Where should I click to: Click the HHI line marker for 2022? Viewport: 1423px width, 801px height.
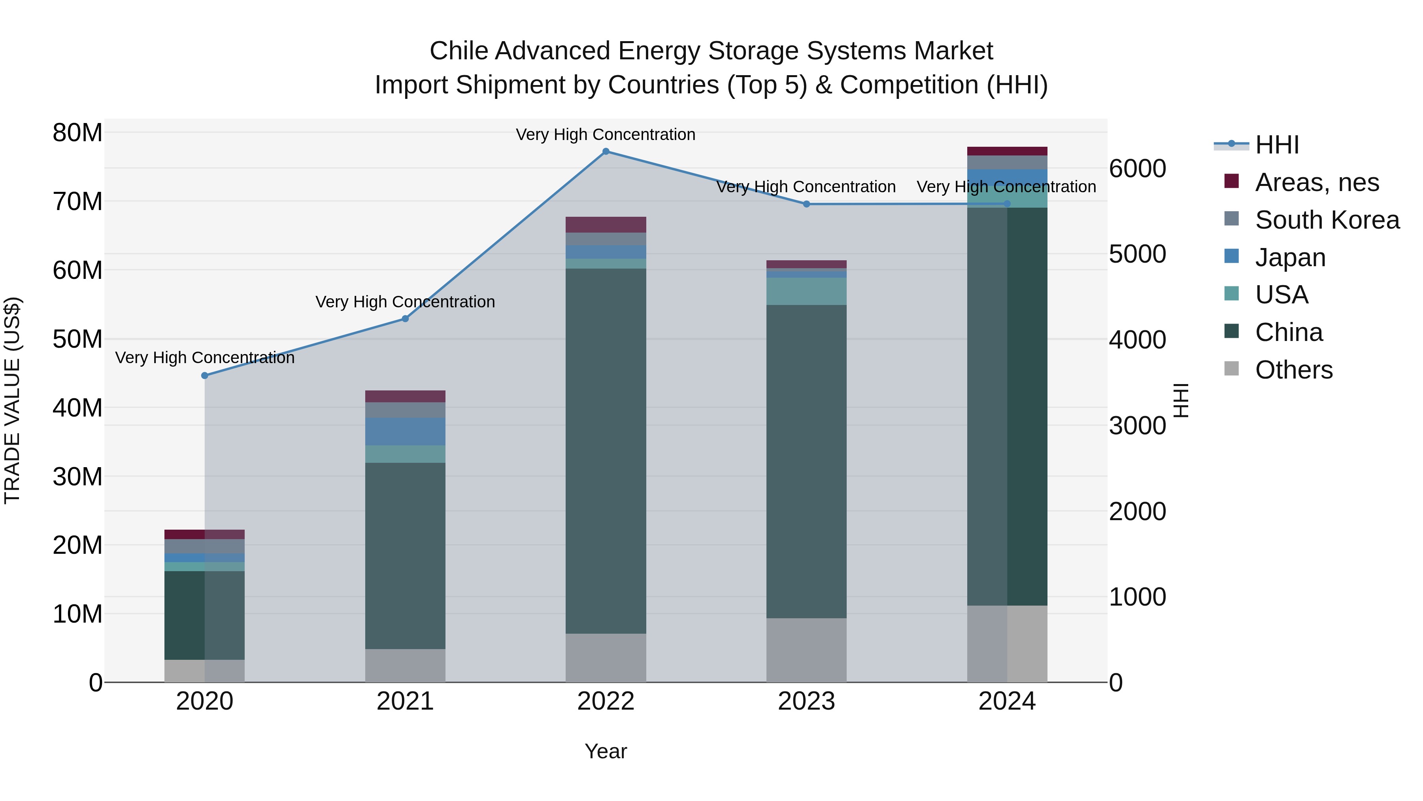[606, 151]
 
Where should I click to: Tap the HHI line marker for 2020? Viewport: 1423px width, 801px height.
[204, 375]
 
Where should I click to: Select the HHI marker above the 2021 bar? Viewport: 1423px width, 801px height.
[405, 318]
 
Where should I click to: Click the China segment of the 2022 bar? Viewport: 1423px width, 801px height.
[606, 451]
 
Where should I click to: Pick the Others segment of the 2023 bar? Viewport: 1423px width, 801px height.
[806, 650]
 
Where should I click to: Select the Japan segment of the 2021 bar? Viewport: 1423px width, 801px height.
[405, 431]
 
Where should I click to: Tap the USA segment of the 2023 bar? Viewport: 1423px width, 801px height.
[806, 291]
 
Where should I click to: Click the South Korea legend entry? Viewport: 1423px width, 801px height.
[1327, 220]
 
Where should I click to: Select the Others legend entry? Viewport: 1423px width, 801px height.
[1293, 370]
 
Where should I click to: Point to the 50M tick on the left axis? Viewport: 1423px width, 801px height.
[77, 339]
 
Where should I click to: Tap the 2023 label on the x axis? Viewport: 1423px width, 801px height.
[806, 701]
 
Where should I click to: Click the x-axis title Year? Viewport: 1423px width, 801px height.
[606, 751]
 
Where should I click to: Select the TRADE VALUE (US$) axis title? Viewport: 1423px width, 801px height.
[12, 400]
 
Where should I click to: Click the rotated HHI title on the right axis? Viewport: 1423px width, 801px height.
[1180, 400]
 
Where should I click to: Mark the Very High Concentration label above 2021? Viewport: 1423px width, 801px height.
[405, 302]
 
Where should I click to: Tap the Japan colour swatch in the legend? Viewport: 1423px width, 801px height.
[1231, 256]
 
